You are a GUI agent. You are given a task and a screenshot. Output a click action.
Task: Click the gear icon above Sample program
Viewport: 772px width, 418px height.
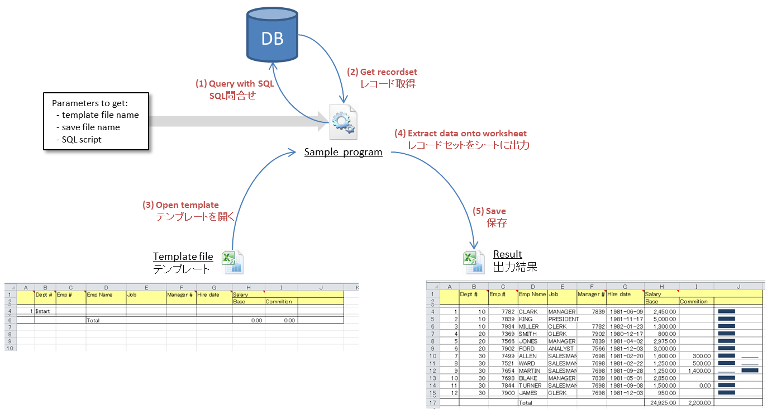pos(343,122)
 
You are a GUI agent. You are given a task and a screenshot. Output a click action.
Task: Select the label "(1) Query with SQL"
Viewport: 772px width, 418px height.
pos(235,83)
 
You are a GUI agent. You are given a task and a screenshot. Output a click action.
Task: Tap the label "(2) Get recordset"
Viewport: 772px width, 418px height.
pos(382,72)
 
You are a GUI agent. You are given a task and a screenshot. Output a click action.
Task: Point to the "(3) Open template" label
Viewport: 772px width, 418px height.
pos(180,205)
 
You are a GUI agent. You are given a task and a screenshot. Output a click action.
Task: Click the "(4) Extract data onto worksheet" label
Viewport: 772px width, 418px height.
pos(460,134)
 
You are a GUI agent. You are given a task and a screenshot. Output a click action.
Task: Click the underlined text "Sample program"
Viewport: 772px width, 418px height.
pos(343,152)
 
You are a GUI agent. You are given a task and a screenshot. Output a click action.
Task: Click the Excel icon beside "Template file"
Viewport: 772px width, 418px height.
pos(232,262)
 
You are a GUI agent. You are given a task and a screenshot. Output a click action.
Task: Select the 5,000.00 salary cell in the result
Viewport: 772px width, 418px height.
pos(663,319)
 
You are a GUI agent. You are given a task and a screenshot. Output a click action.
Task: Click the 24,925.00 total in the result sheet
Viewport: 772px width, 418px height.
pos(662,402)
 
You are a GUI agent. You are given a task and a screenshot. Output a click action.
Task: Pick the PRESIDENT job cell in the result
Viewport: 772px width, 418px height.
pos(562,319)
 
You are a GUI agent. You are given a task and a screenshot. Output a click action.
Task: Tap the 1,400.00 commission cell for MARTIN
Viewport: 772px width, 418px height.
pos(697,370)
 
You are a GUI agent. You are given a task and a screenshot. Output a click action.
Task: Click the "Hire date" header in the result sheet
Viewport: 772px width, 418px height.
pos(619,294)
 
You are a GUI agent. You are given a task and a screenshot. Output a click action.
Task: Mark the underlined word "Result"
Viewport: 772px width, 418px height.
pos(507,255)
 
